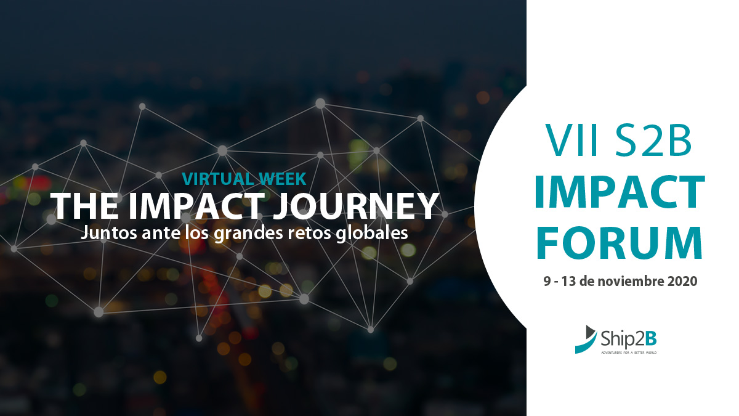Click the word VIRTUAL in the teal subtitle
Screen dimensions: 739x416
(219, 179)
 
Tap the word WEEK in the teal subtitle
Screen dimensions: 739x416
(283, 179)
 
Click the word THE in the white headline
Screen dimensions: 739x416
(84, 206)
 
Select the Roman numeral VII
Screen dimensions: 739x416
(571, 140)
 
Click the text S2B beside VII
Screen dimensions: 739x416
(653, 140)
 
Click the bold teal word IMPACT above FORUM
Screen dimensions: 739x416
(620, 192)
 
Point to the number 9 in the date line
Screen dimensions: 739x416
(547, 281)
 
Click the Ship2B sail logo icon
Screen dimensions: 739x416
(586, 340)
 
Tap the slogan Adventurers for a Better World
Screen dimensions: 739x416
(629, 353)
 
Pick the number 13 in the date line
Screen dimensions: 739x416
(568, 281)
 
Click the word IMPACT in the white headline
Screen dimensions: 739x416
(196, 206)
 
